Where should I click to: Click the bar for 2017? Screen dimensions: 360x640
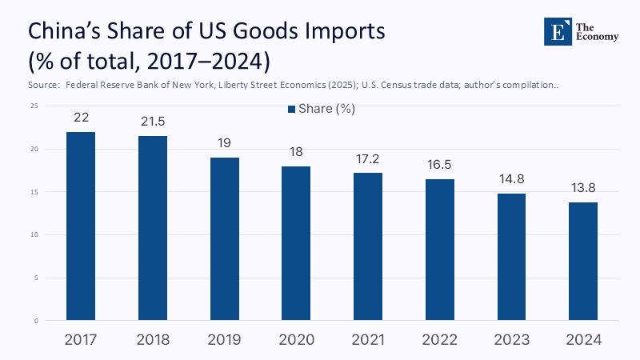coord(80,226)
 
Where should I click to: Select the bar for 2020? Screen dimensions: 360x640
coord(296,243)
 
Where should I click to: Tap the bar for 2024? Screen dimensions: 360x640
coord(583,262)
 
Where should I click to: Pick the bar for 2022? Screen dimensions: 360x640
coord(439,250)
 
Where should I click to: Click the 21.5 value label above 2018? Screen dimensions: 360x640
coord(152,122)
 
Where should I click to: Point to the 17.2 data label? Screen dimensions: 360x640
coord(367,159)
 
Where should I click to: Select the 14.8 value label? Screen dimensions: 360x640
coord(511,179)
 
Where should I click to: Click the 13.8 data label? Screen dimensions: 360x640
coord(583,188)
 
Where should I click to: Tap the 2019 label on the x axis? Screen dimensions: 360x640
coord(224,339)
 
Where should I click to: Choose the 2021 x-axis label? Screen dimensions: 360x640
coord(367,339)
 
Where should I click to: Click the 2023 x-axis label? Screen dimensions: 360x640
coord(511,339)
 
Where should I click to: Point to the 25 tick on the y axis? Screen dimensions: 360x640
coord(34,106)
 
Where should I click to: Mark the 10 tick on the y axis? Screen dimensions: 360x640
coord(34,235)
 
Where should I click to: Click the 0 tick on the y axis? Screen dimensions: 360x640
coord(36,321)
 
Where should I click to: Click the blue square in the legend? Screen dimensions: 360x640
coord(291,108)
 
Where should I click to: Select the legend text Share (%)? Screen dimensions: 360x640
coord(326,108)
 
